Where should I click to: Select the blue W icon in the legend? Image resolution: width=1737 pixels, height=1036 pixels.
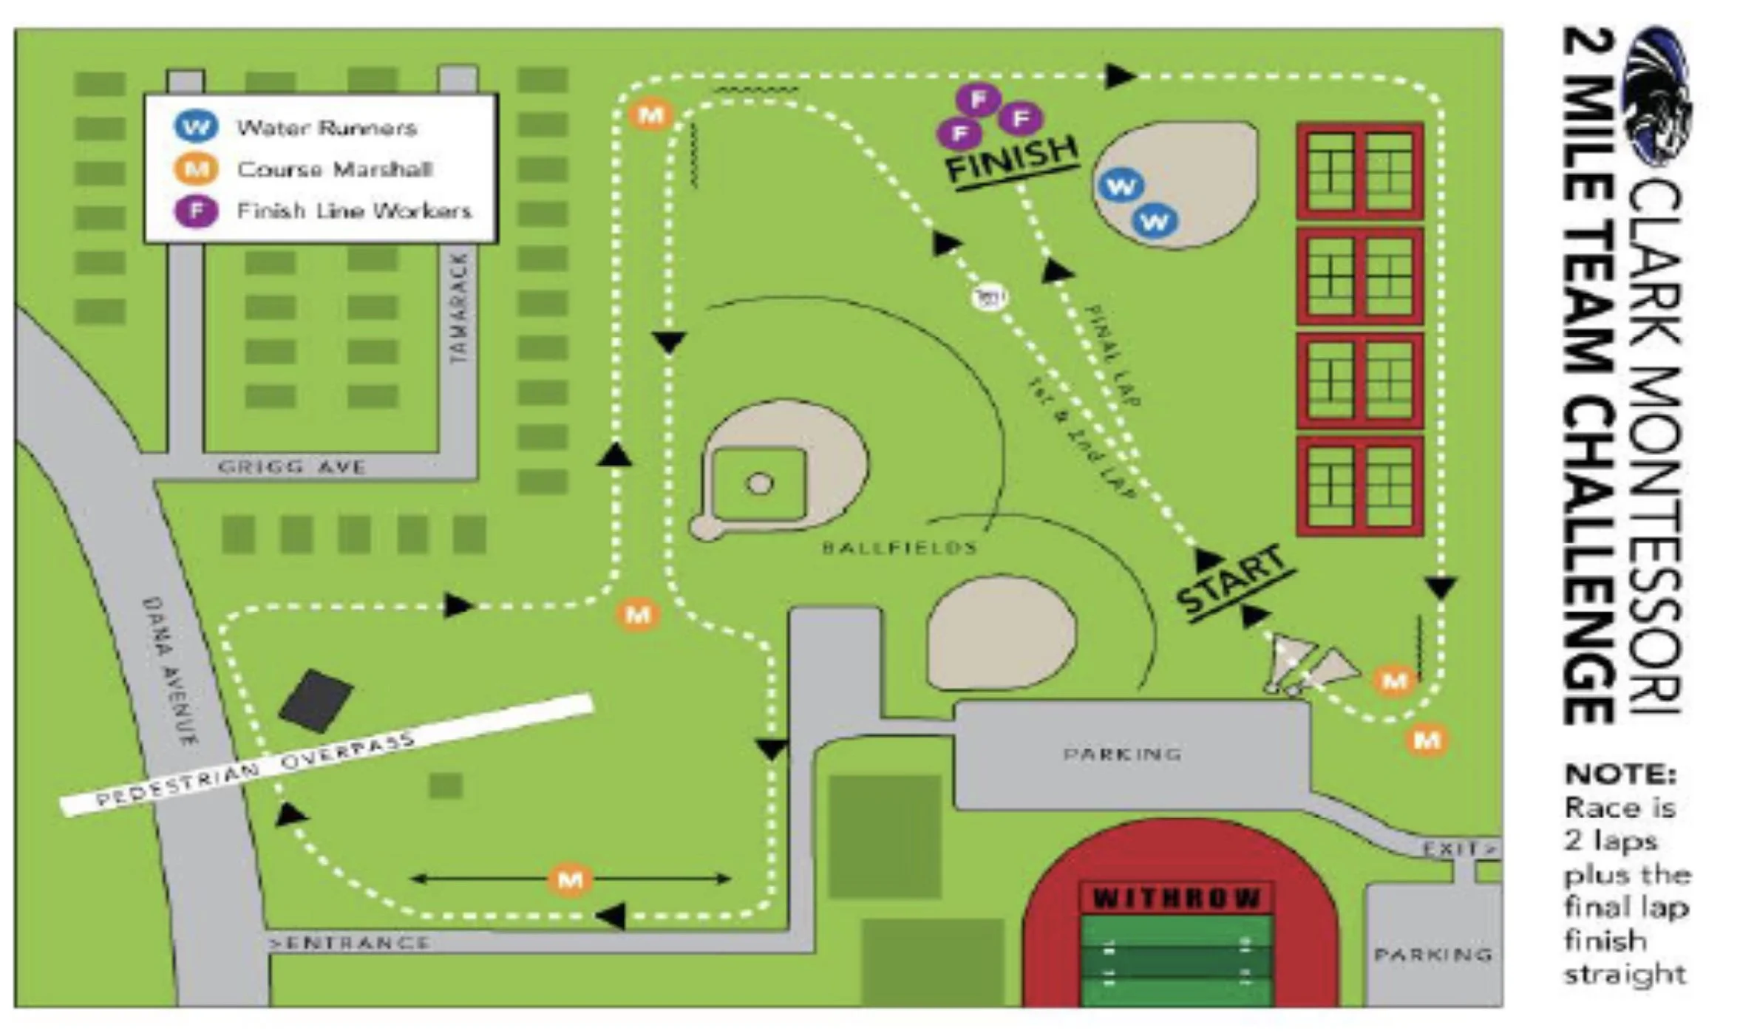point(196,126)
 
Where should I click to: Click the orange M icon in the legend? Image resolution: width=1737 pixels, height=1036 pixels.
point(196,169)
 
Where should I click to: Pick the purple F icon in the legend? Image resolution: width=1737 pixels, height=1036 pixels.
point(196,211)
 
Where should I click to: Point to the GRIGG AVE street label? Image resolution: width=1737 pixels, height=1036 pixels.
point(291,467)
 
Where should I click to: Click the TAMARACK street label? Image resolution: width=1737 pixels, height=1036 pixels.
point(459,307)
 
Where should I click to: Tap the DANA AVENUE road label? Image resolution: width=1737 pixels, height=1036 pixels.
point(170,671)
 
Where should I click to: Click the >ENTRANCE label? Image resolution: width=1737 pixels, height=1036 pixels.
point(349,943)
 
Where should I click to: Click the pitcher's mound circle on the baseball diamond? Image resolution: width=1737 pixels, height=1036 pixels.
point(760,484)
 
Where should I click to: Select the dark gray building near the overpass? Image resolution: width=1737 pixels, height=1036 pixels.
point(316,700)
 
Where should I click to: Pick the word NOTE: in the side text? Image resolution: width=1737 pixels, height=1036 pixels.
point(1619,774)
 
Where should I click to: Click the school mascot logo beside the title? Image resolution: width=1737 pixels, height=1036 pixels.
point(1656,96)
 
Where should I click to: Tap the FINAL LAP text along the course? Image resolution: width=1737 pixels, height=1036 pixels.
point(1112,355)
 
